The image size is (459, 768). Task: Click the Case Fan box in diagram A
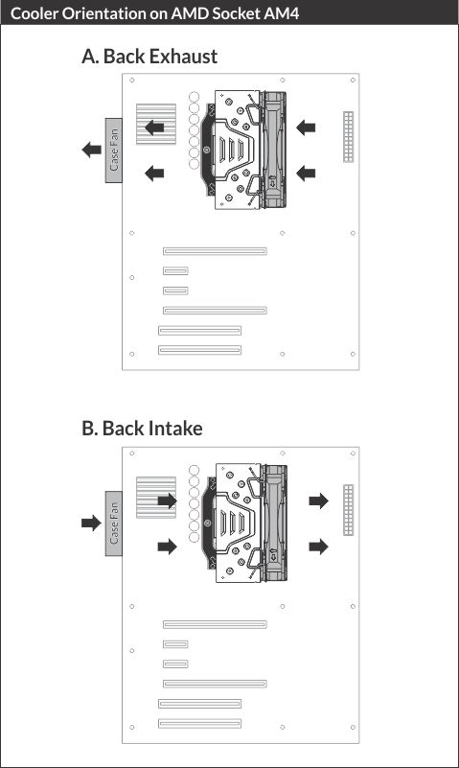113,151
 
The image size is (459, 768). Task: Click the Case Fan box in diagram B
113,524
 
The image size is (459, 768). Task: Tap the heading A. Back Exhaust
149,57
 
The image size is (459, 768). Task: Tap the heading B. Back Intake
142,429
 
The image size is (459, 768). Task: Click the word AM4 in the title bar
281,13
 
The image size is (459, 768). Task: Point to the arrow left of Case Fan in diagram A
91,150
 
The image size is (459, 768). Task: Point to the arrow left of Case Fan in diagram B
91,523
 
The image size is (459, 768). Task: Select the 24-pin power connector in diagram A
349,137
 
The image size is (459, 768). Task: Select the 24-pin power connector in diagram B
349,510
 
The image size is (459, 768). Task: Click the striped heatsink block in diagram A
156,124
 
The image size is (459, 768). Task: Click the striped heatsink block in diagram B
156,498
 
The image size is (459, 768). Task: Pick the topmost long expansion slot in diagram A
215,251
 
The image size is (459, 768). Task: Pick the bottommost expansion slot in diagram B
199,723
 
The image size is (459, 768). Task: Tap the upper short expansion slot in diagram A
175,270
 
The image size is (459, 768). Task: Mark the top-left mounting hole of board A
131,80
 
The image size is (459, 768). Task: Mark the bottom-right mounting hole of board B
353,727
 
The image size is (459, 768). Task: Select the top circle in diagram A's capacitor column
195,97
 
